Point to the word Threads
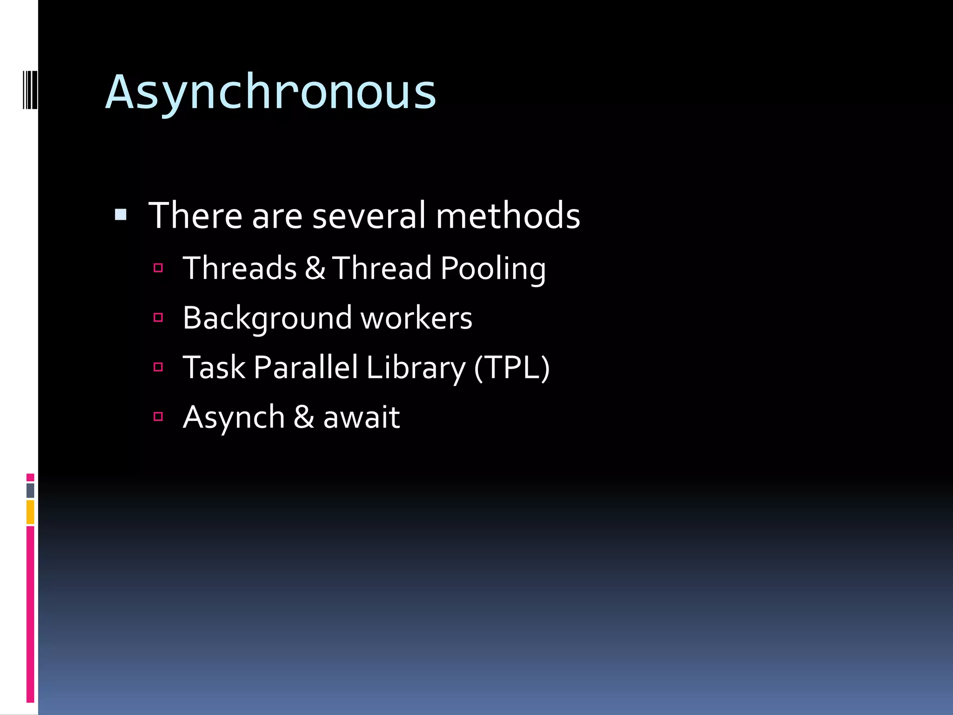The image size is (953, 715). coord(240,269)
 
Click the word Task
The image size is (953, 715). coord(214,368)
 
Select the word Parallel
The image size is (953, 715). coord(306,368)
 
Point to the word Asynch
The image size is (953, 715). coord(234,417)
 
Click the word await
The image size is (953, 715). coord(362,417)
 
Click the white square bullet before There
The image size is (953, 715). coord(121,215)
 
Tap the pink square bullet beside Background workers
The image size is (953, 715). coord(158,317)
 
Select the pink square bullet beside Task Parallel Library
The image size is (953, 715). coord(158,367)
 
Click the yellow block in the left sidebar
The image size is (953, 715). coord(30,512)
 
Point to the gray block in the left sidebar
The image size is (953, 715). coord(30,490)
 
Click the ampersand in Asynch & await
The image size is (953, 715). coord(304,417)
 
